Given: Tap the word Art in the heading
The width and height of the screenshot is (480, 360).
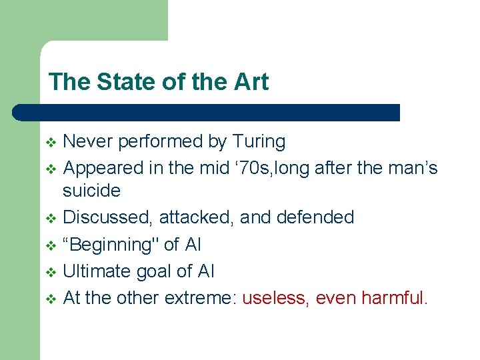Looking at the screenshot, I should pos(250,82).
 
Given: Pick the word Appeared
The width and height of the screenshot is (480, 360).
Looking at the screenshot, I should pos(101,167).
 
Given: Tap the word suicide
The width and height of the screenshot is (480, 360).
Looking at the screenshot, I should pos(91,191).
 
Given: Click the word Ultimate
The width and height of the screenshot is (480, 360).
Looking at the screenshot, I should pos(94,271).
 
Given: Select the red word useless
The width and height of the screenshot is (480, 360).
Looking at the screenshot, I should pos(275,298).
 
